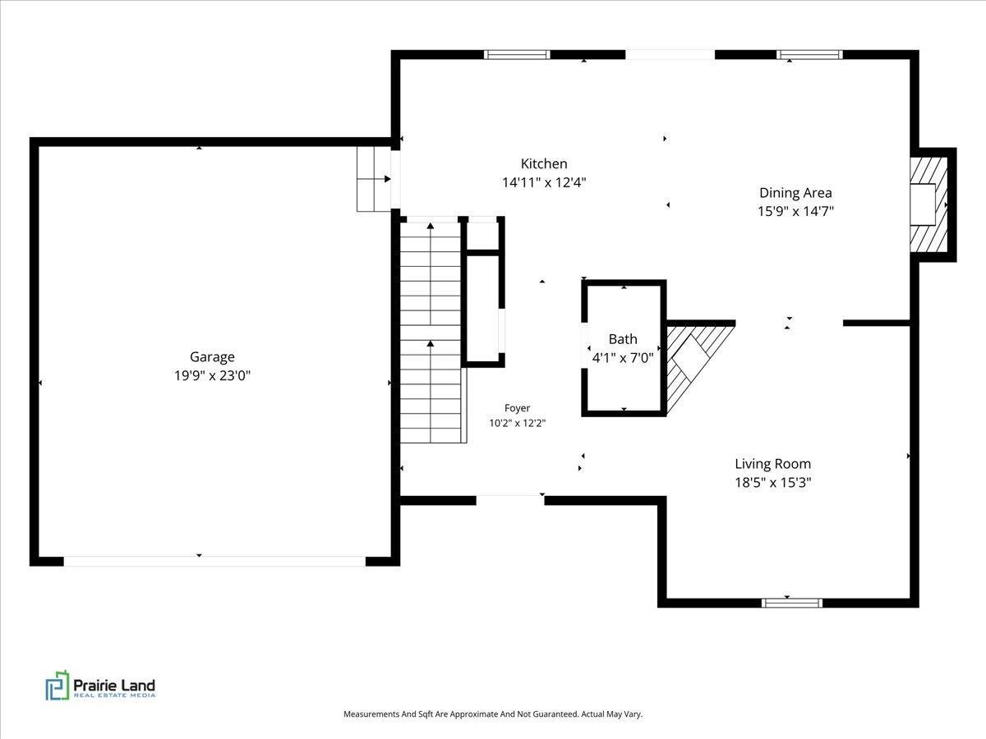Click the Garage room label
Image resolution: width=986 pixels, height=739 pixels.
coord(212,357)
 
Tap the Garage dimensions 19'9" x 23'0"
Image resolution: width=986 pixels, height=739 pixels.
coord(212,375)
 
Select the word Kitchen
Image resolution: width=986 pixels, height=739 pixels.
coord(544,163)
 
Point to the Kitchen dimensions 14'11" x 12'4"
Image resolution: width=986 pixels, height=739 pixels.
coord(544,182)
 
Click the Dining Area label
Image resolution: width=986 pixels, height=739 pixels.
coord(795,193)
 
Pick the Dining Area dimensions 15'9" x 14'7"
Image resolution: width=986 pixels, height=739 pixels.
coord(795,211)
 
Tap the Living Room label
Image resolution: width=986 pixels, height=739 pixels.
coord(773,464)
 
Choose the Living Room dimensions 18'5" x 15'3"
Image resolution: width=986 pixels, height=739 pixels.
coord(773,482)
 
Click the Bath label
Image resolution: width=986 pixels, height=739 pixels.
coord(623,339)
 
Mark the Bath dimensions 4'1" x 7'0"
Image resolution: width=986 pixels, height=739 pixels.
coord(623,358)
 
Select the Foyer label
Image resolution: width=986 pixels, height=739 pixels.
coord(517,408)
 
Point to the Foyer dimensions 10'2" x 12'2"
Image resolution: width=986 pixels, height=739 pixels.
coord(517,423)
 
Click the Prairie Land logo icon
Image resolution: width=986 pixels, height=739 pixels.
coord(57,686)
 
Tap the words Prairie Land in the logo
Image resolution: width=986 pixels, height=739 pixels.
coord(114,685)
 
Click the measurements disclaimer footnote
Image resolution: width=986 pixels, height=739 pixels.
coord(493,714)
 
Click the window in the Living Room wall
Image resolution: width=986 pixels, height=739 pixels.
coord(792,603)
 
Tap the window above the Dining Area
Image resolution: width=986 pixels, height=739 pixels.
coord(809,55)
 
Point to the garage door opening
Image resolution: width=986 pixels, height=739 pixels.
coord(214,562)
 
